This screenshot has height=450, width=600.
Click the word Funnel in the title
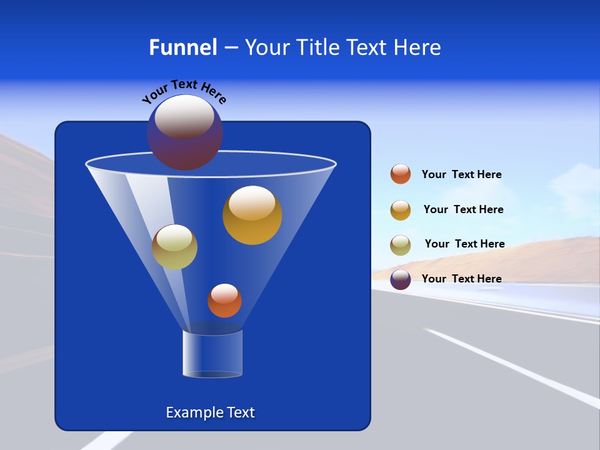pyautogui.click(x=182, y=47)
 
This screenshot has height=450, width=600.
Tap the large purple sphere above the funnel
pyautogui.click(x=184, y=132)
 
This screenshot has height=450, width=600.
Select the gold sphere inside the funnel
pyautogui.click(x=252, y=215)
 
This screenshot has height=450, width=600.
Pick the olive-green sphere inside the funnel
pyautogui.click(x=174, y=247)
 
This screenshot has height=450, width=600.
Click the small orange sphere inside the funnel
pyautogui.click(x=224, y=301)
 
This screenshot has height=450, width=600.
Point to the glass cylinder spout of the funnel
pyautogui.click(x=212, y=354)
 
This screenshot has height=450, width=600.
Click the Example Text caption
pyautogui.click(x=210, y=412)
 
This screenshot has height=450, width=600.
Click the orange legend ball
pyautogui.click(x=401, y=174)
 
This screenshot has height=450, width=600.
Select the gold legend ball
pyautogui.click(x=401, y=210)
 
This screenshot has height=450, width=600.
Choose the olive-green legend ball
pyautogui.click(x=401, y=244)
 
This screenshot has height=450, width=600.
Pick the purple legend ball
pyautogui.click(x=401, y=279)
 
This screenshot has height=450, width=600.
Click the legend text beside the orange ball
pyautogui.click(x=461, y=174)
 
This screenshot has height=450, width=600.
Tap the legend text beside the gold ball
pyautogui.click(x=463, y=209)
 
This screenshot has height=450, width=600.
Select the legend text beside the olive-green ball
pyautogui.click(x=464, y=244)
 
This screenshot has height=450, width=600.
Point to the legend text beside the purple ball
pyautogui.click(x=461, y=279)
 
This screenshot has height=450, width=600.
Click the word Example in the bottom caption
pyautogui.click(x=193, y=412)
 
